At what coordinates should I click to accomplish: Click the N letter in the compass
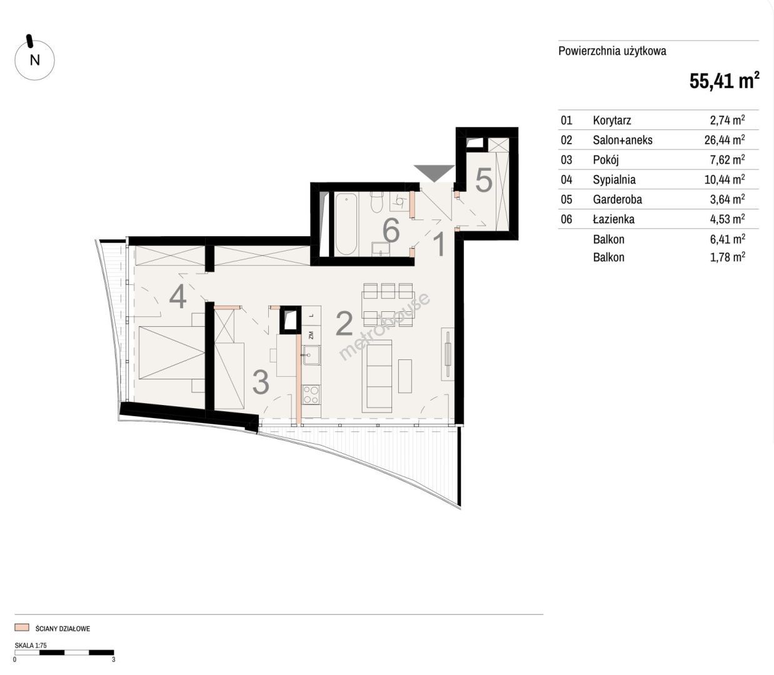[35, 60]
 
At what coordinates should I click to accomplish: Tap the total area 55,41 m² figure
[724, 81]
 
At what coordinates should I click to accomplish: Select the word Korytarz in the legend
[611, 121]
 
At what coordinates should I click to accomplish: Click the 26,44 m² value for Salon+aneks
[725, 140]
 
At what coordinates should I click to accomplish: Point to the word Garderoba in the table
[617, 199]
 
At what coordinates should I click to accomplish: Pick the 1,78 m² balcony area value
[728, 257]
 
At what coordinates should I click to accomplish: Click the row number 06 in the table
[566, 219]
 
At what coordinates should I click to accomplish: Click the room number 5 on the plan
[483, 180]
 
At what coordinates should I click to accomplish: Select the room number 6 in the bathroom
[391, 230]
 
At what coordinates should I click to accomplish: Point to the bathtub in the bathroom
[346, 224]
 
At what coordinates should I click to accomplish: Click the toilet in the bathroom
[377, 202]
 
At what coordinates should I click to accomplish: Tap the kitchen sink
[311, 355]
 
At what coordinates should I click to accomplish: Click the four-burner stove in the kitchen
[311, 395]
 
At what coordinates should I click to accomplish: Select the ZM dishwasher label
[311, 335]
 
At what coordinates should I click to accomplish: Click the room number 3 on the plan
[261, 382]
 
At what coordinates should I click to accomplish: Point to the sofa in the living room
[377, 376]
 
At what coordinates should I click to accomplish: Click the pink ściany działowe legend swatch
[22, 627]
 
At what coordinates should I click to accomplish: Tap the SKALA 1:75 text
[31, 646]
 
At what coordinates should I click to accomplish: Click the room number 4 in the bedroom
[178, 296]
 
